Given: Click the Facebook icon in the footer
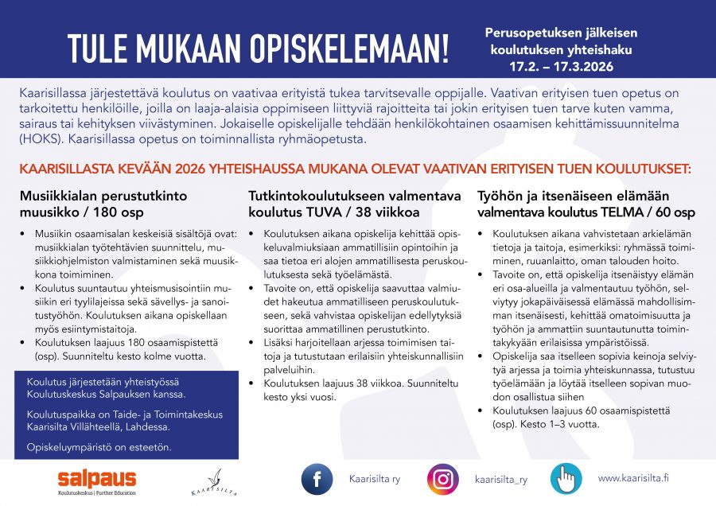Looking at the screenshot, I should pyautogui.click(x=317, y=479).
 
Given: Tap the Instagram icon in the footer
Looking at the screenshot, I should pyautogui.click(x=443, y=479).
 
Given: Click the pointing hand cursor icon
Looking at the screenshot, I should pyautogui.click(x=566, y=479).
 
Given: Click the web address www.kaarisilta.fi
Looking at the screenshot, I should pyautogui.click(x=633, y=477).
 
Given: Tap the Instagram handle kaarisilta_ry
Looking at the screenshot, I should pyautogui.click(x=500, y=479).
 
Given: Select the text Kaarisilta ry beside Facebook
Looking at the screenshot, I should pyautogui.click(x=374, y=479).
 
